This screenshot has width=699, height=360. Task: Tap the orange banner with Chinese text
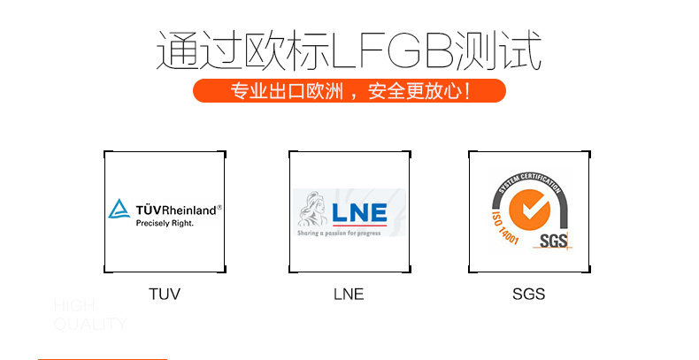pyautogui.click(x=349, y=91)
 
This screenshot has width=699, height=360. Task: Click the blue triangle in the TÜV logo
pyautogui.click(x=119, y=210)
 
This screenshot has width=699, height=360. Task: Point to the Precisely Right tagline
pyautogui.click(x=164, y=224)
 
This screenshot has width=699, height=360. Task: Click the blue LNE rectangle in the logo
pyautogui.click(x=360, y=213)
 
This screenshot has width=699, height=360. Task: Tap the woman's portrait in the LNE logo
pyautogui.click(x=313, y=213)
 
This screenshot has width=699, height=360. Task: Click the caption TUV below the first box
pyautogui.click(x=164, y=294)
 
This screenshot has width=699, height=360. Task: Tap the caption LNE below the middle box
pyautogui.click(x=349, y=294)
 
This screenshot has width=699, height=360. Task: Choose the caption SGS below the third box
pyautogui.click(x=528, y=294)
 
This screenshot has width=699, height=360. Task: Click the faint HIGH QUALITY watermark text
pyautogui.click(x=88, y=315)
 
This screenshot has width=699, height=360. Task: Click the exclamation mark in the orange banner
pyautogui.click(x=466, y=91)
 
